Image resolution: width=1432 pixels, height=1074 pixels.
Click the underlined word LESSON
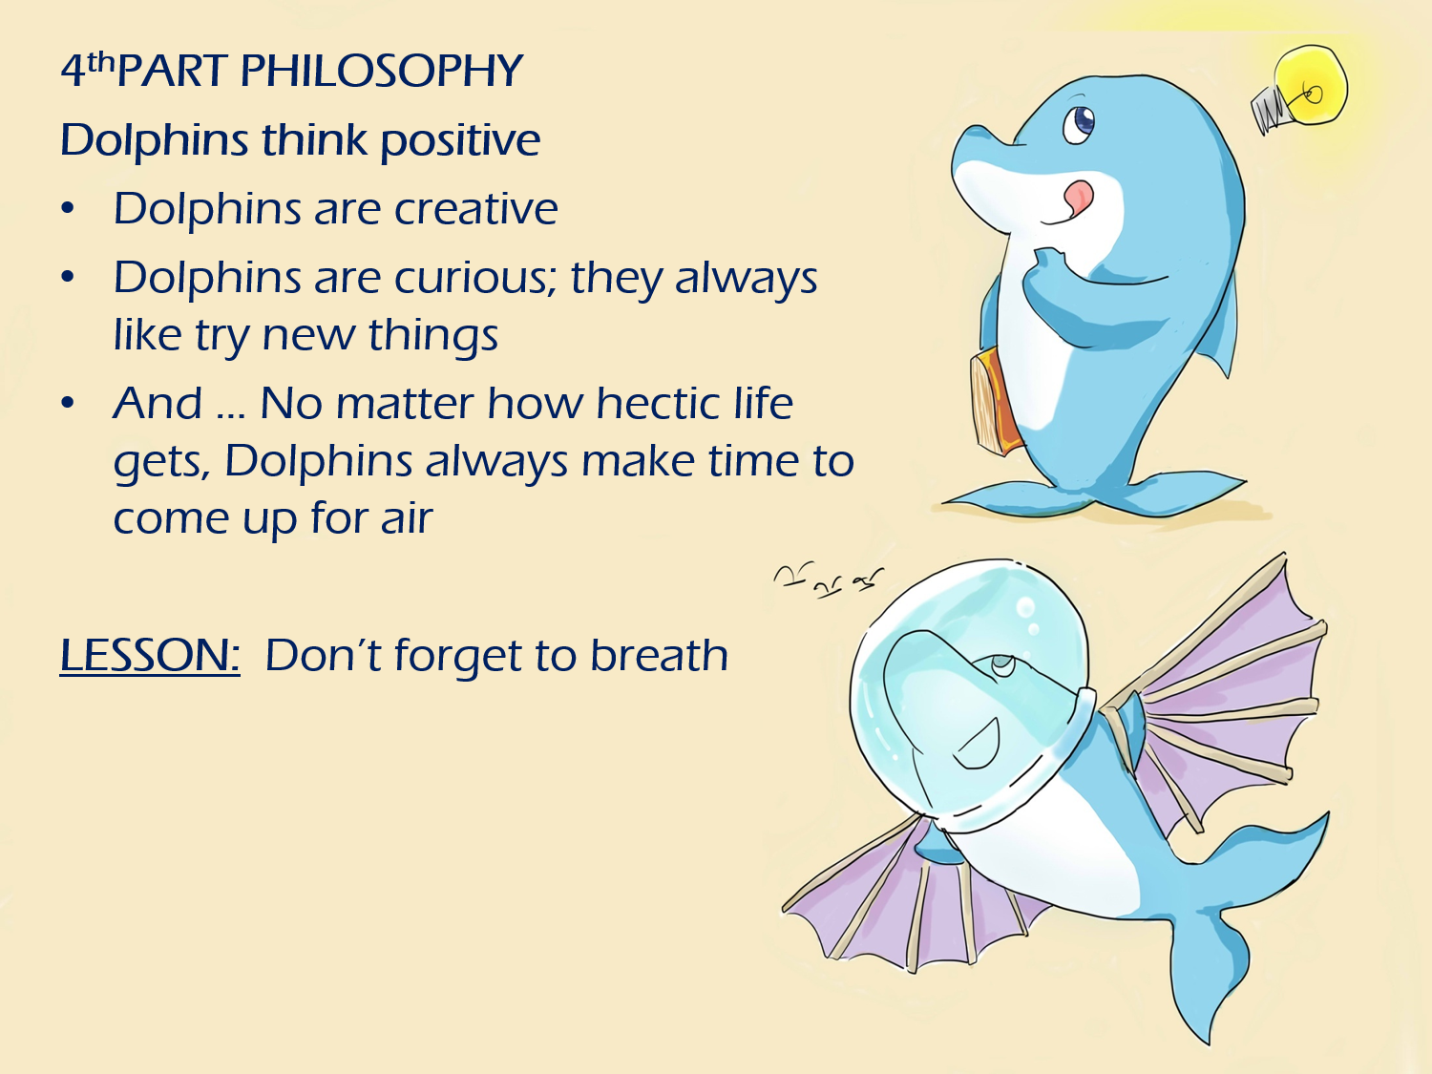[149, 656]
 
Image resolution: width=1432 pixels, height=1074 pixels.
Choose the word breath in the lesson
[659, 656]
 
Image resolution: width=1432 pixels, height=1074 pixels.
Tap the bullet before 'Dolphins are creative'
[67, 209]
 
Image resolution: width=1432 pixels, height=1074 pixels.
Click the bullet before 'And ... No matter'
[67, 404]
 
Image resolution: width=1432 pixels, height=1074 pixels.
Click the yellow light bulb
[1312, 86]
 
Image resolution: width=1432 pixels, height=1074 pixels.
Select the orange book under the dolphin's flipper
[993, 401]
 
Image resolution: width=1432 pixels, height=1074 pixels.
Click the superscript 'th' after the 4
[100, 63]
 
